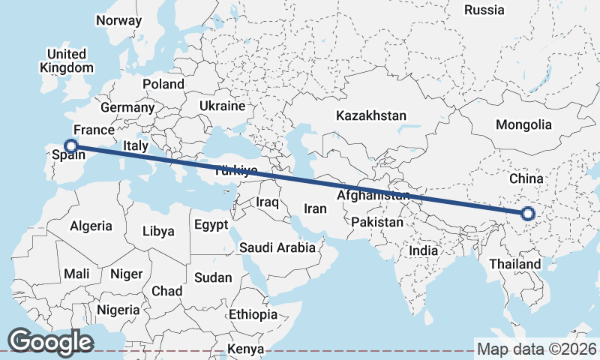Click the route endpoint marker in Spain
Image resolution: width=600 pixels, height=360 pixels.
(x=71, y=146)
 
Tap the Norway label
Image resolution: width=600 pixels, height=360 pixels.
(x=118, y=21)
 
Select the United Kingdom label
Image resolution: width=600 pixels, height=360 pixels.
(x=66, y=61)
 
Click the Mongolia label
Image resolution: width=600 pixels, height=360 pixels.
(x=523, y=125)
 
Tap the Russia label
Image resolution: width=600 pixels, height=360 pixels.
(x=484, y=10)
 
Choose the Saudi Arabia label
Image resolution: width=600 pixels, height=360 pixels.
(x=277, y=247)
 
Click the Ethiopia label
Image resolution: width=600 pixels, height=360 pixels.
(x=253, y=313)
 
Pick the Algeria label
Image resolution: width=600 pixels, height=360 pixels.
(x=91, y=226)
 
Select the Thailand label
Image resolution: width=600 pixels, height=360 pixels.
(x=514, y=264)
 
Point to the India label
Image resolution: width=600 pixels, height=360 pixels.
(x=423, y=250)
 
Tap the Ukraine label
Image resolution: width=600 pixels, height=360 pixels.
(x=222, y=106)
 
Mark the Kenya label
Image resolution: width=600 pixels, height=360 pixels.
(x=246, y=349)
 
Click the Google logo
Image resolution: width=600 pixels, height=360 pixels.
(x=50, y=342)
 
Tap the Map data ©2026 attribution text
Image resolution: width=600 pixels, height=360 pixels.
(x=537, y=349)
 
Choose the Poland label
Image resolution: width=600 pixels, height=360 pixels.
(x=163, y=84)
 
